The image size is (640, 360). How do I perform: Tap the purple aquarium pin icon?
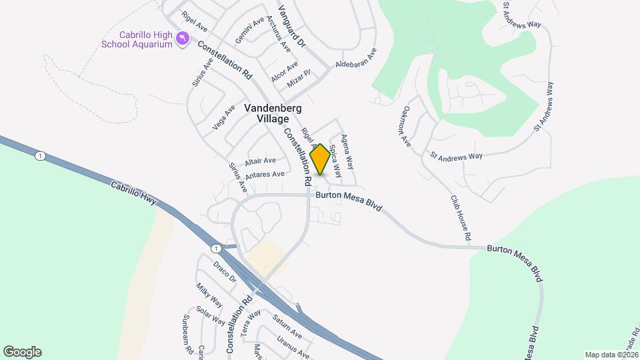pos(181,40)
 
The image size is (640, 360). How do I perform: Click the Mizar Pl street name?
pos(298,79)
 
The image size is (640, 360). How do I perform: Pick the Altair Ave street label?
pos(260,161)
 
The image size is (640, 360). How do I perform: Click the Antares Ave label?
pos(265,175)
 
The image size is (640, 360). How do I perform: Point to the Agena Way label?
pos(347,151)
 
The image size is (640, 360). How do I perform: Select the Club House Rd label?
pos(461,217)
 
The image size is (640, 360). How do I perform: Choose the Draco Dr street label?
pos(225,271)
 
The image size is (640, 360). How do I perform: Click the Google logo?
pos(22,352)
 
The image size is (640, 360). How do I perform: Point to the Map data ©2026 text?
pos(611,355)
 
